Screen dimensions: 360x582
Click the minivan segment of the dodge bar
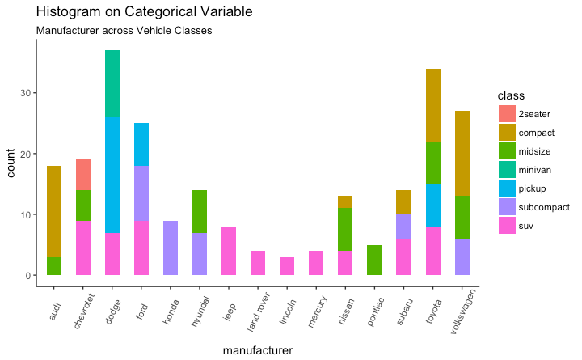(x=112, y=83)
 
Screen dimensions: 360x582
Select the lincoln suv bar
(x=288, y=266)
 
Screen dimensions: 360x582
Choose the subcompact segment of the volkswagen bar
(x=462, y=257)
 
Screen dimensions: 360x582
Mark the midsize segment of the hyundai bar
(x=200, y=211)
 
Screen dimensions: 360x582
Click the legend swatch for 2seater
(x=507, y=114)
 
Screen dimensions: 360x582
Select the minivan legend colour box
(x=507, y=170)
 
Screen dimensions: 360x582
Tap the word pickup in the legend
(x=531, y=188)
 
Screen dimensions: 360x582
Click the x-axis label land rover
(x=256, y=310)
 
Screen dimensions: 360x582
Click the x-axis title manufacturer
(x=257, y=350)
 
